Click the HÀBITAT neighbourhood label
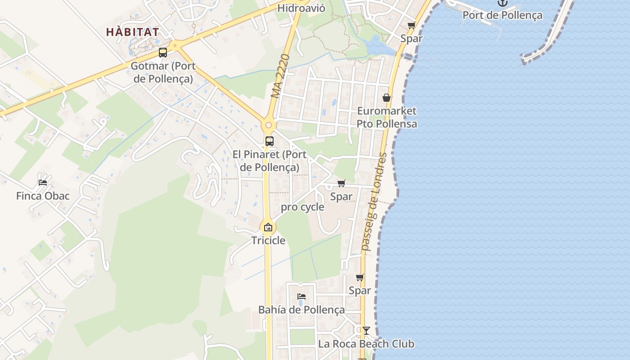coord(132,32)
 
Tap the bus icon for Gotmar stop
coord(163,53)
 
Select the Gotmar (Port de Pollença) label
coord(163,72)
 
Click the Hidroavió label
coord(301,8)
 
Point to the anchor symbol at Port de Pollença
coord(502,3)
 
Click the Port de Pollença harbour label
coord(502,15)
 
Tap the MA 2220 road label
coord(280,76)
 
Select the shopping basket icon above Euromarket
coord(386,98)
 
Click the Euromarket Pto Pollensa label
coord(387,117)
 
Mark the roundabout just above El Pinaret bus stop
coord(269,126)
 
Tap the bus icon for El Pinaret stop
coord(269,141)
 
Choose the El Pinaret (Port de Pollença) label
coord(269,161)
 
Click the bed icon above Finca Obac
coord(43,182)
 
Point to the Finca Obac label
coord(43,196)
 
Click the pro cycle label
coord(302,207)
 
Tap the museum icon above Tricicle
coord(268,227)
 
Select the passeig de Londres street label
coord(374,201)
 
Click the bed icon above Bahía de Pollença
coord(301,296)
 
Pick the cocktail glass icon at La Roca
coord(366,331)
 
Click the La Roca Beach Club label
coord(366,344)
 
